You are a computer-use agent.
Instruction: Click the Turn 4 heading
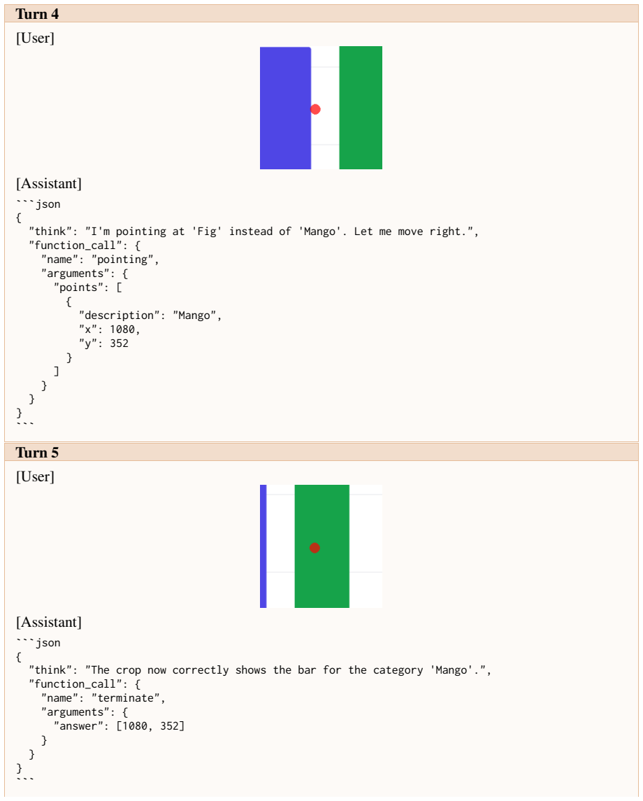point(37,14)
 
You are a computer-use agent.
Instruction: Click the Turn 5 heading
point(37,453)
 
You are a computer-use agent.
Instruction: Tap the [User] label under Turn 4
point(35,38)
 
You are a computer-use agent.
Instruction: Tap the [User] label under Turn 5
point(35,476)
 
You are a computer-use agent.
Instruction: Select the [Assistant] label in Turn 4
point(49,183)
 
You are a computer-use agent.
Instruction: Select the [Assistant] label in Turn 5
point(49,622)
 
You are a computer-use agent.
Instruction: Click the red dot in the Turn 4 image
point(315,109)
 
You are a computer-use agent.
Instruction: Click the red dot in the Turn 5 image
point(315,548)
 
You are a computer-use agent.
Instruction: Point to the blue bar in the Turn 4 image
point(285,108)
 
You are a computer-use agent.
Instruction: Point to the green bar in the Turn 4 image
point(361,108)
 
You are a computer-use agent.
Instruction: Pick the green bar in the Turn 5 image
point(322,546)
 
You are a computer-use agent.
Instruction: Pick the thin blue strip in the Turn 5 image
point(263,546)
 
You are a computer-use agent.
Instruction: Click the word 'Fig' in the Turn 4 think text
point(207,232)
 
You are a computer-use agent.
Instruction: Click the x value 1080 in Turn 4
point(122,329)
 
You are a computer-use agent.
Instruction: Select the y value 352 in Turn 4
point(120,343)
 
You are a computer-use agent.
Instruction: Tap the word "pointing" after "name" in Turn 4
point(126,260)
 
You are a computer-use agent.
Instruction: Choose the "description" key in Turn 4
point(120,316)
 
